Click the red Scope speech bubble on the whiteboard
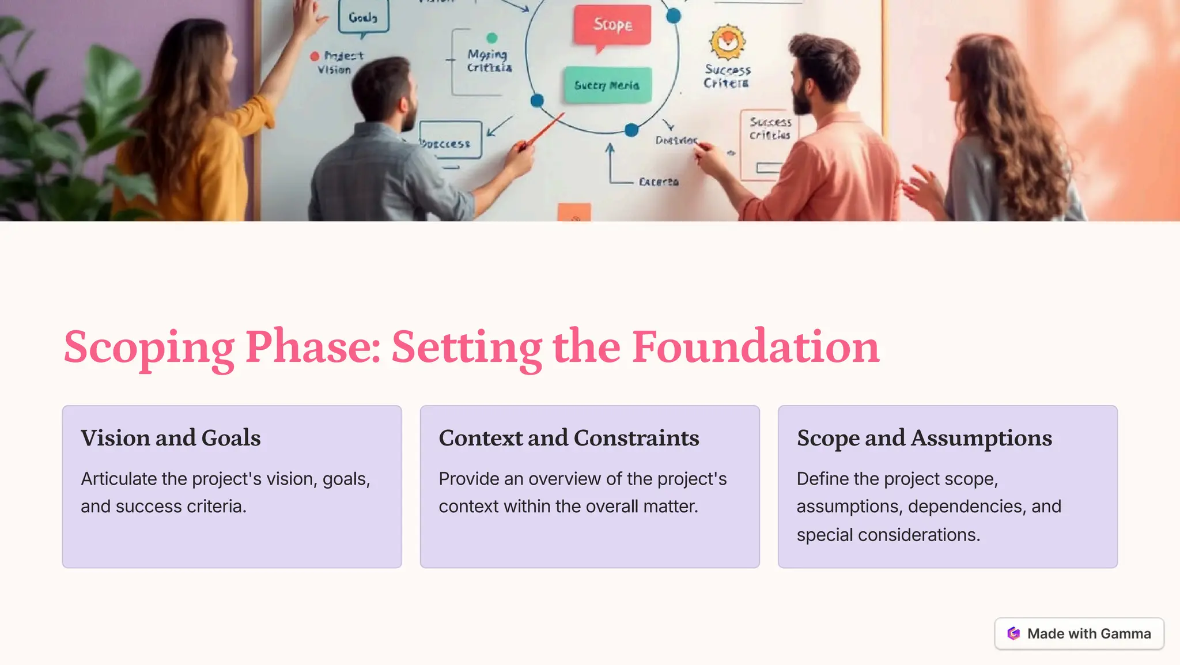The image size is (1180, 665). (612, 25)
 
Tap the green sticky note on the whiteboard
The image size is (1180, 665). (607, 85)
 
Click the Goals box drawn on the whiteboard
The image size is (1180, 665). (363, 17)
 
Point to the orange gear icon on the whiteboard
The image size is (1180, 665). (727, 41)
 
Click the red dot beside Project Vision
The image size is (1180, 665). (315, 56)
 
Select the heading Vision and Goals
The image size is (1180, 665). (171, 438)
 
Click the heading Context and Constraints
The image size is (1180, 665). (569, 438)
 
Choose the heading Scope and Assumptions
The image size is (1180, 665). (924, 438)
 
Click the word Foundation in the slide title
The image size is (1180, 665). (755, 347)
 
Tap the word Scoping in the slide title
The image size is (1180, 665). (149, 347)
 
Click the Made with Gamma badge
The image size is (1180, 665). (1079, 633)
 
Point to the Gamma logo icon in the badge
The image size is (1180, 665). (1013, 633)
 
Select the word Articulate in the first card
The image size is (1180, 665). (119, 479)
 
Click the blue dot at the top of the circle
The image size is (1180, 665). (673, 16)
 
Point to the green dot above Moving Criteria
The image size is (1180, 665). (491, 38)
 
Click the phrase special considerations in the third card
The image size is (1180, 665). (887, 535)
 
